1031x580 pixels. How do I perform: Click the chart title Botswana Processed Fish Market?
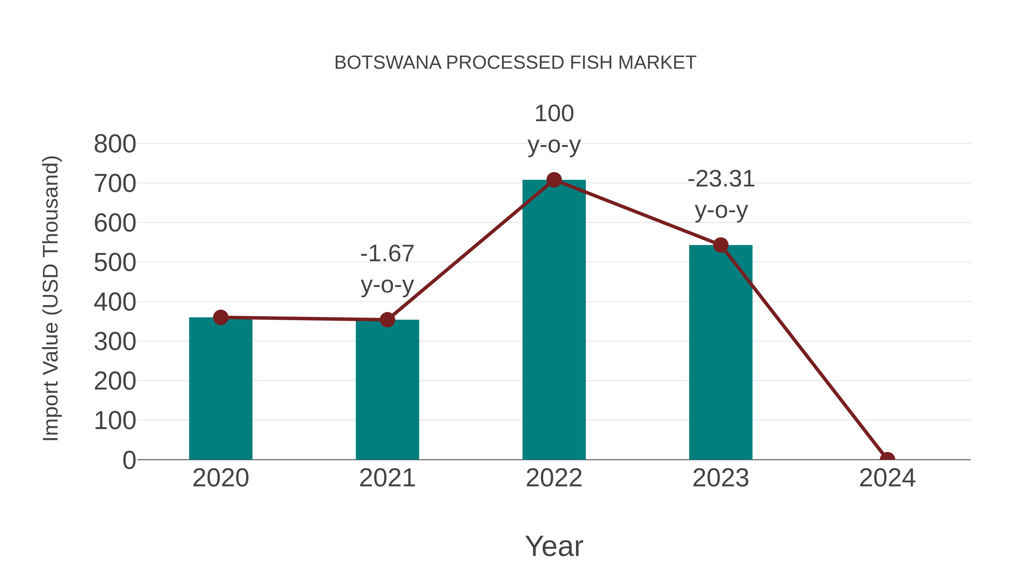[515, 63]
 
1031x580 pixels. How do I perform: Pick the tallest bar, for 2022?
[554, 320]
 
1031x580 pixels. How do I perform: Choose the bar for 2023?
[721, 352]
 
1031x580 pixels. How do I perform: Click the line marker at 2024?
[887, 459]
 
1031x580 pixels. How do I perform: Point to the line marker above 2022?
[554, 180]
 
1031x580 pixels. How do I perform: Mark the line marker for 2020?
[221, 317]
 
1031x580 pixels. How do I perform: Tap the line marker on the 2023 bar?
[721, 245]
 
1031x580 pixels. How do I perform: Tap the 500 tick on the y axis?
[115, 263]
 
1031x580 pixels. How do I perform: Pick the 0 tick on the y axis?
[129, 460]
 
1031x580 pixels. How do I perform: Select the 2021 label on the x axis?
[387, 478]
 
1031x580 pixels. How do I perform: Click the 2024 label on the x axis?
[887, 478]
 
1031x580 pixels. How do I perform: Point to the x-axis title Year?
[554, 546]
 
